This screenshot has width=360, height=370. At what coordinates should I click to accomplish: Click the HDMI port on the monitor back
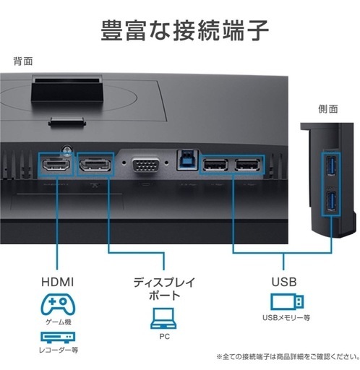(x=56, y=165)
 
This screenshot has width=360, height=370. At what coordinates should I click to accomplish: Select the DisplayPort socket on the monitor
(x=95, y=165)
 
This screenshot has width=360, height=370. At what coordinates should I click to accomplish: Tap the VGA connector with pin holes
(x=146, y=165)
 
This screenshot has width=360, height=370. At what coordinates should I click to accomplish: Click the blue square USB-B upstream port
(x=187, y=160)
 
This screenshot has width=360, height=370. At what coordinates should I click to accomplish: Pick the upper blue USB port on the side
(x=331, y=166)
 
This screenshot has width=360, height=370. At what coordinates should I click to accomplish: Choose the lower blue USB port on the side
(x=331, y=201)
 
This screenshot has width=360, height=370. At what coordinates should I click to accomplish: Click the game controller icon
(x=58, y=304)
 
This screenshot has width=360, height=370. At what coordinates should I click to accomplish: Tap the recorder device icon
(x=58, y=337)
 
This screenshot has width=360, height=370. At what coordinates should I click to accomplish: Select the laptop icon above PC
(x=163, y=318)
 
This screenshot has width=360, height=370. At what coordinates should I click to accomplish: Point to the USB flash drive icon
(x=287, y=301)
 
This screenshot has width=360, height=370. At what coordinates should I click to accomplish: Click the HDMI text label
(x=58, y=282)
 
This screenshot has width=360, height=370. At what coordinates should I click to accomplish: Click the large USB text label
(x=284, y=282)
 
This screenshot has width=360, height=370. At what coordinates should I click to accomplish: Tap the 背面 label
(x=23, y=61)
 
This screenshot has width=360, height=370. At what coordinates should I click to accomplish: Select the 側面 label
(x=328, y=109)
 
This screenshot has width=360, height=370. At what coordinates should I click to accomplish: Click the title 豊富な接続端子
(x=184, y=30)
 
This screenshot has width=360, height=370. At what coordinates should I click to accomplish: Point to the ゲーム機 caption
(x=59, y=322)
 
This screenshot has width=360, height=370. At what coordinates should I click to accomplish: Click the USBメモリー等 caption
(x=286, y=318)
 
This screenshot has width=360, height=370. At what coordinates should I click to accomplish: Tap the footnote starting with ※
(x=288, y=356)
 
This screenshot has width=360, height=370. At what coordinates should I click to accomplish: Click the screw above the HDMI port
(x=67, y=150)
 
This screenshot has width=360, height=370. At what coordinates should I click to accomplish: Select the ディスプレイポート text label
(x=164, y=289)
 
